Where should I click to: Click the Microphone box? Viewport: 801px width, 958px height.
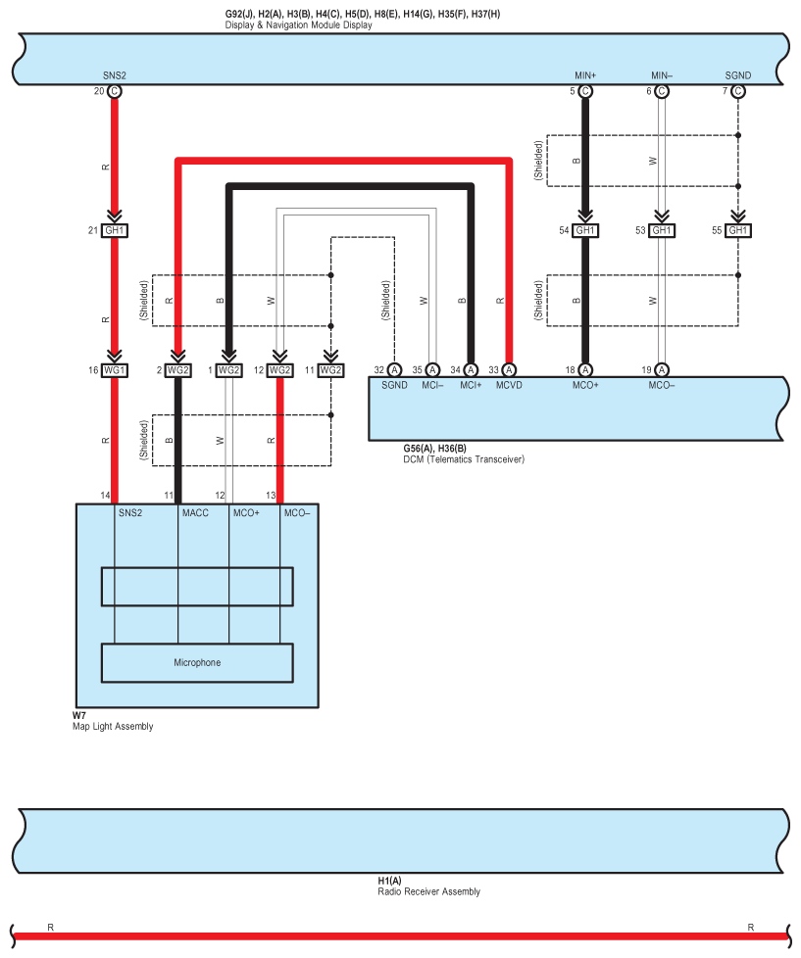(x=197, y=663)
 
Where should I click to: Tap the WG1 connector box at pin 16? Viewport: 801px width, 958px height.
(x=115, y=370)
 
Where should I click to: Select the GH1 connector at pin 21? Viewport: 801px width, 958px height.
(x=115, y=230)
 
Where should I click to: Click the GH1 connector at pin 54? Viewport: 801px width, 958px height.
(x=585, y=230)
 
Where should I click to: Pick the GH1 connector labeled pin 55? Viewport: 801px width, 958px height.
(x=738, y=230)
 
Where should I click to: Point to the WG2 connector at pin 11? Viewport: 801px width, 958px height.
(x=330, y=370)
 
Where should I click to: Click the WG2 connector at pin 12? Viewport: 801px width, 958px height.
(x=279, y=370)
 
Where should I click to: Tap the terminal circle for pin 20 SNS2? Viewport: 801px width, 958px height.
(x=115, y=91)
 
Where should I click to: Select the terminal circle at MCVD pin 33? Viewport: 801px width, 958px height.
(x=509, y=370)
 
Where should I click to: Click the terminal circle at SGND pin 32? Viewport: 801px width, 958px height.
(x=394, y=370)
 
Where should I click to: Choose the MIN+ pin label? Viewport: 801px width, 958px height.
(x=585, y=75)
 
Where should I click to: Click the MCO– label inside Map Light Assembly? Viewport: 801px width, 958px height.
(x=296, y=512)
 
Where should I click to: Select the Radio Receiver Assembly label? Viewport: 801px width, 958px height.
(x=428, y=891)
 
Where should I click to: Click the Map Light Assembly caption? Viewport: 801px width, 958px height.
(x=112, y=726)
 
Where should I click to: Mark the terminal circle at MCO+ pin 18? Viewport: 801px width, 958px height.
(x=585, y=370)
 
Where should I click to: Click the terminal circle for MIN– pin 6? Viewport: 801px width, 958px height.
(x=662, y=91)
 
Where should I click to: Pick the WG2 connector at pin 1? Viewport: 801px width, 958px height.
(x=228, y=370)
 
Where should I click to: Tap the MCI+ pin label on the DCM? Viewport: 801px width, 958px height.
(x=471, y=386)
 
